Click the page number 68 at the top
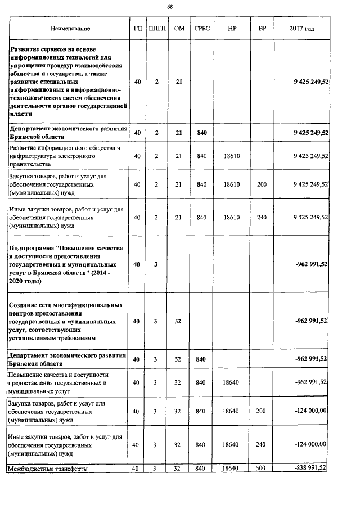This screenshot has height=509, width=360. tap(170, 7)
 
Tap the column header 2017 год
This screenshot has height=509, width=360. tap(301, 28)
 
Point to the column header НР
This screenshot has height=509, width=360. tap(232, 28)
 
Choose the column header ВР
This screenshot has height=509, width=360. tap(262, 28)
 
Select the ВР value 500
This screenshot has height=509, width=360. tap(262, 467)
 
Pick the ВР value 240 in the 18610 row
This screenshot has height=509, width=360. tap(262, 217)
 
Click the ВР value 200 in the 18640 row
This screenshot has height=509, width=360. tap(262, 411)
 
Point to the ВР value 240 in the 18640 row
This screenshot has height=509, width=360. tap(262, 444)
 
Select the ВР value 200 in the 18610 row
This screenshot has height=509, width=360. tap(262, 184)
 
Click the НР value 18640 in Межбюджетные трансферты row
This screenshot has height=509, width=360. tap(232, 467)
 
